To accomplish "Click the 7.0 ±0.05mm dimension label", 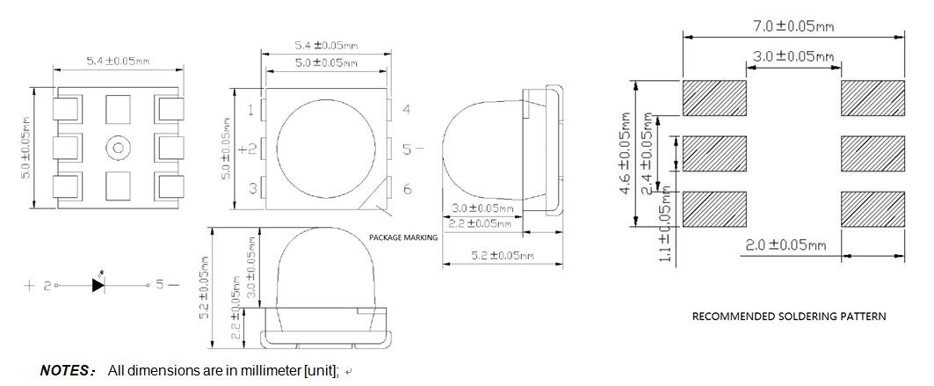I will (793, 26).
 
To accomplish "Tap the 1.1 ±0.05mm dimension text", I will (666, 228).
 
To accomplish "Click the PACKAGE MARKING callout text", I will (402, 237).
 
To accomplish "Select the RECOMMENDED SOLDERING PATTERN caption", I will (788, 317).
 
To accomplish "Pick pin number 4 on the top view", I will (407, 110).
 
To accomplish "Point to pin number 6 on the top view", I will (407, 189).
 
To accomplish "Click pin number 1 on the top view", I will (251, 110).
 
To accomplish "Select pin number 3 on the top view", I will (251, 188).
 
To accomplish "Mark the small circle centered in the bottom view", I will (117, 148).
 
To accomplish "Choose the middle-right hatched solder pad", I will (872, 154).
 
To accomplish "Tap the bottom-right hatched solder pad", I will (872, 208).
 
